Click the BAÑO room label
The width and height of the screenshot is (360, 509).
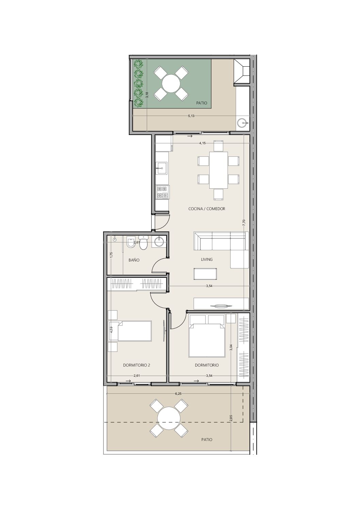pos(134,260)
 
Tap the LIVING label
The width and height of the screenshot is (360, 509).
pos(207,259)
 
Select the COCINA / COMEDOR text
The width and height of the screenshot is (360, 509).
pos(207,209)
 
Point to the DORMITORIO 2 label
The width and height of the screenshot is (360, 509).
pos(136,365)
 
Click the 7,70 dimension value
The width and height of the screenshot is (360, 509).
pos(244,222)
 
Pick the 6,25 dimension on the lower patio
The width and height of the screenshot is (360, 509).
pos(178,394)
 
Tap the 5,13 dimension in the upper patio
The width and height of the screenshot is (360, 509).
pos(191,116)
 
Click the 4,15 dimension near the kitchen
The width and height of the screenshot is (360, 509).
pos(202,143)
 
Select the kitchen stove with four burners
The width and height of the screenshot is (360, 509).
pos(163,192)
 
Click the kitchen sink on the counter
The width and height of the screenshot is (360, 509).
pos(162,168)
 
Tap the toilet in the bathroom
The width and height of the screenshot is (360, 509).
pos(143,242)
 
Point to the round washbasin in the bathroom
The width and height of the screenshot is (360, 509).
pos(159,241)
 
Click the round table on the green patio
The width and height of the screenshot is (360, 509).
pos(171,83)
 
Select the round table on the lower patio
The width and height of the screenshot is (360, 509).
pos(169,418)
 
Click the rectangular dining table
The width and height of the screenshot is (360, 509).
pos(218,170)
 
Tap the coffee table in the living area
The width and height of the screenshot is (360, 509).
pos(205,274)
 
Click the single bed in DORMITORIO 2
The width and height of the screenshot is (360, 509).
pos(130,331)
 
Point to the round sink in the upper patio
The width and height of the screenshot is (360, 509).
pos(242,123)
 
